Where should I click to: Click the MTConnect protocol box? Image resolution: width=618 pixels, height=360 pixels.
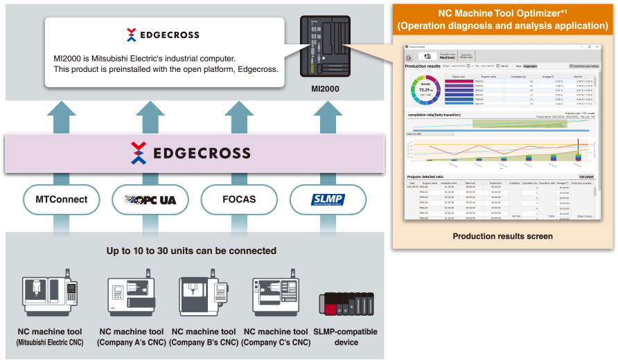[x=62, y=199]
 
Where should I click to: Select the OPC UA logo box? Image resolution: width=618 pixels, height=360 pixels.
[x=150, y=199]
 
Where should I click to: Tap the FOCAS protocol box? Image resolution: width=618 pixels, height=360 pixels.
[x=239, y=199]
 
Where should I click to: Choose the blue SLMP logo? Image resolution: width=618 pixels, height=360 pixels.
[x=328, y=200]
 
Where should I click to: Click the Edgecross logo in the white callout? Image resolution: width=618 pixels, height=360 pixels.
[x=164, y=34]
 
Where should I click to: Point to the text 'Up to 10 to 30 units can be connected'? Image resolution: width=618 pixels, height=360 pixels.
[x=191, y=251]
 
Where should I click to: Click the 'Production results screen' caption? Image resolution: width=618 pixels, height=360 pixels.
[x=502, y=236]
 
